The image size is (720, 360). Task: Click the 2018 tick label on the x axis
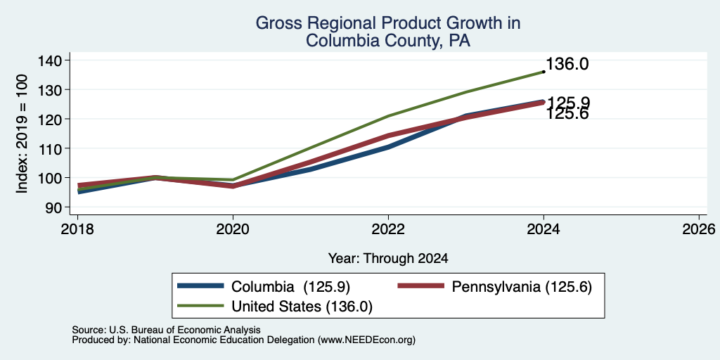click(77, 229)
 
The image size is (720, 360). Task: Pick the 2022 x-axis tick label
click(388, 229)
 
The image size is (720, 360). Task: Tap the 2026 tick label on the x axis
click(699, 229)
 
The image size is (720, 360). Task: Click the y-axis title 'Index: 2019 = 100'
click(22, 134)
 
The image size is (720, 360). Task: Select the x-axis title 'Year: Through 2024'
click(388, 259)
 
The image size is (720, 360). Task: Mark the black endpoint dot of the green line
click(544, 72)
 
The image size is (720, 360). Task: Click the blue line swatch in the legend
click(200, 286)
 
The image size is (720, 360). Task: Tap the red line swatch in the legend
click(420, 286)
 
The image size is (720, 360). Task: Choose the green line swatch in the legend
click(200, 306)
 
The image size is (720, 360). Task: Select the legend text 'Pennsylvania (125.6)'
click(522, 287)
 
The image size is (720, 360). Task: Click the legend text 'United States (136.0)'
click(302, 307)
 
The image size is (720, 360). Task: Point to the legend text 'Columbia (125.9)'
click(290, 287)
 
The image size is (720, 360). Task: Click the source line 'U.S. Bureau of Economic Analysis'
click(185, 330)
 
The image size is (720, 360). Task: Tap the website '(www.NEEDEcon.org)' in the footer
click(366, 340)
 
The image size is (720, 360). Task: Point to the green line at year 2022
click(388, 116)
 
